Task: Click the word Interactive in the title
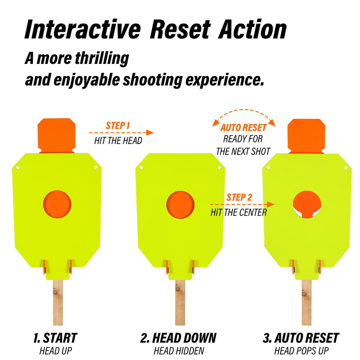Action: (83, 29)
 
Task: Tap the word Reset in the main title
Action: (180, 29)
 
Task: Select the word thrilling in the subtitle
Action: (102, 58)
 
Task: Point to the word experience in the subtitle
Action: (225, 80)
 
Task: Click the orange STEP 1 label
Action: (118, 126)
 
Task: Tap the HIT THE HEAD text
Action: (118, 140)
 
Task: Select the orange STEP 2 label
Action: (239, 197)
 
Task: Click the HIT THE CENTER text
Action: (239, 212)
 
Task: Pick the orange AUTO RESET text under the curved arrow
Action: (243, 127)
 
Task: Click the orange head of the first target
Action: (57, 135)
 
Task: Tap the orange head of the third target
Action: (306, 136)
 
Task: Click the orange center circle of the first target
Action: (57, 204)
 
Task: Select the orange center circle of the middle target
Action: (180, 205)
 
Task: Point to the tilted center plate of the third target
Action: (307, 203)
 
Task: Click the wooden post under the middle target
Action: (180, 302)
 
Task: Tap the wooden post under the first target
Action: (58, 302)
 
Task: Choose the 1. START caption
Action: (55, 338)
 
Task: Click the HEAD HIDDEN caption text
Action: (179, 351)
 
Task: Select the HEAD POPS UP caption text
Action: (301, 351)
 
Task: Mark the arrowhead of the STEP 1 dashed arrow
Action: (150, 132)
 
